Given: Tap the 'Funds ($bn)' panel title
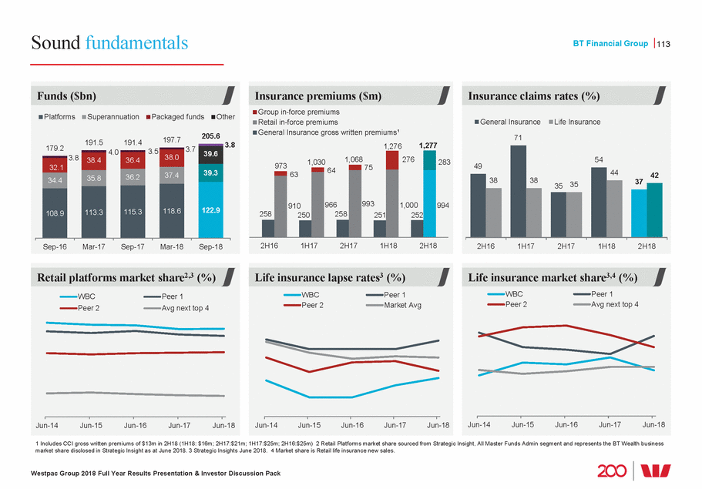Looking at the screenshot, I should [67, 95].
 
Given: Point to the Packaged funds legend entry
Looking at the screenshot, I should [176, 117].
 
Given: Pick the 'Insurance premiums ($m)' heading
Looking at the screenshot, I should [318, 95].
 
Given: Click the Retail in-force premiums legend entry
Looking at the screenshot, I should [297, 122].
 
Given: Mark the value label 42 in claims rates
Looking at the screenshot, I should [655, 176].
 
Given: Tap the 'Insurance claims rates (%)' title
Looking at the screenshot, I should [533, 95].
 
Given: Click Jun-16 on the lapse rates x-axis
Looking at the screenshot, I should [352, 424].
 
